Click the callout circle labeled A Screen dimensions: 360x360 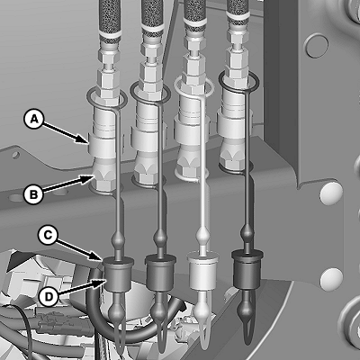pos(34,120)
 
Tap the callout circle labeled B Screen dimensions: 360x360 pos(34,194)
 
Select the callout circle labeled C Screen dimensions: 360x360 pos(48,235)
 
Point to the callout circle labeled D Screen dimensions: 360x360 pos(49,296)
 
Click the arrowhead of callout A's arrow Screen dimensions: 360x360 pos(85,139)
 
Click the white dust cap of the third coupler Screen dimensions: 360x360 pos(202,272)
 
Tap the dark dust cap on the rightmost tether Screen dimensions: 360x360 pos(247,270)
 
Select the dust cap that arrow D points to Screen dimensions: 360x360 pos(118,274)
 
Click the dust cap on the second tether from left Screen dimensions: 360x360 pos(160,273)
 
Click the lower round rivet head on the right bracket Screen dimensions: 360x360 pos(331,279)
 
